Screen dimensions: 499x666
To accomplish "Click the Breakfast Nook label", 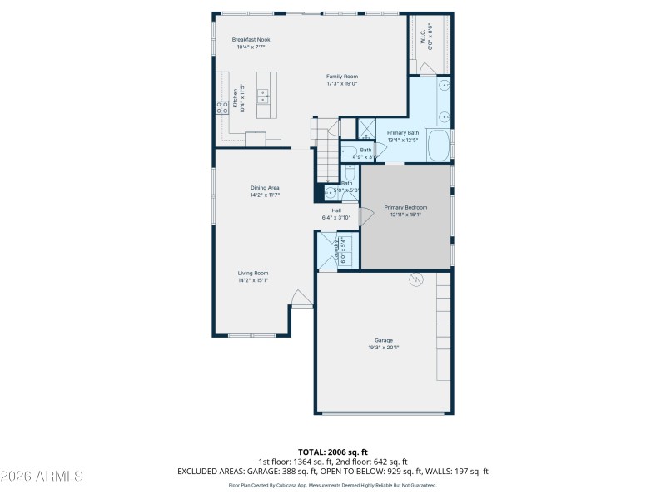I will coord(251,39).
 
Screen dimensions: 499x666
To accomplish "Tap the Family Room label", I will coord(341,77).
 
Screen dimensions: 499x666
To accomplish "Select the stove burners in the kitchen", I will coord(223,106).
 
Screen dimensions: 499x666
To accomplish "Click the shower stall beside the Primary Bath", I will coord(366,128).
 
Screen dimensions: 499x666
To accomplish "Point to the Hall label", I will coord(336,210).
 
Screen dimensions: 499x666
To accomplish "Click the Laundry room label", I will coord(338,250).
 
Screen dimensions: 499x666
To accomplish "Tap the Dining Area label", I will coord(265,188).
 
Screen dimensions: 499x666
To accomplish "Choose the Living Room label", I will coord(253,273).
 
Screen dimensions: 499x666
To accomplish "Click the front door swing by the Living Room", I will coord(301,298).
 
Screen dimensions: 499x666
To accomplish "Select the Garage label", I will coord(383,340).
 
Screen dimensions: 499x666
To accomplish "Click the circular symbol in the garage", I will coord(415,281).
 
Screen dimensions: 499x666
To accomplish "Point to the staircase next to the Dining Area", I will coord(326,150).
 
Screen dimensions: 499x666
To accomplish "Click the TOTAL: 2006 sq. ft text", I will coord(332,452).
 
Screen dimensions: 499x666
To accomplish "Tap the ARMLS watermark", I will coord(42,477).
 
